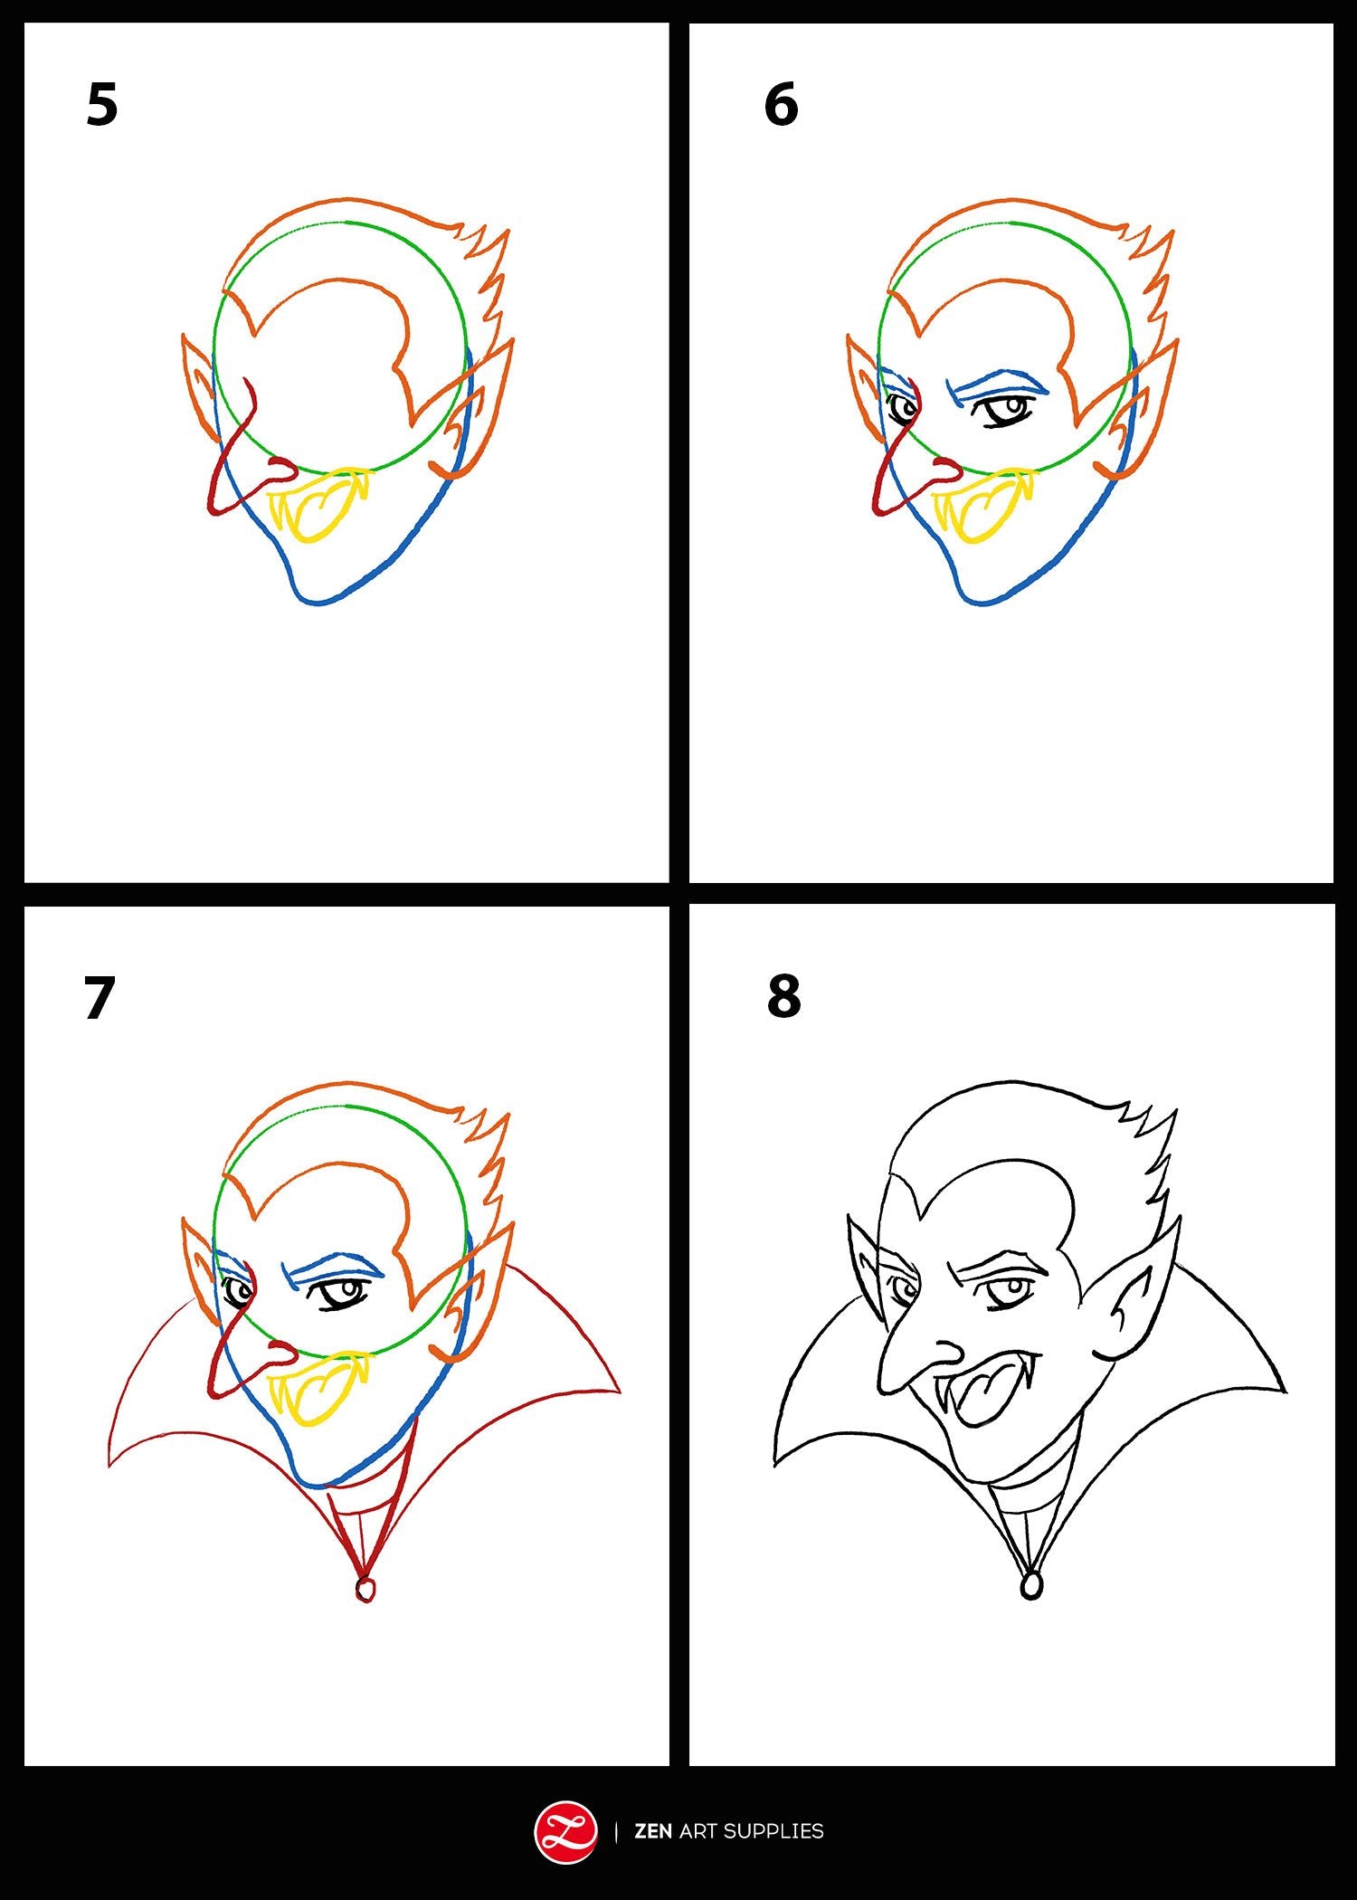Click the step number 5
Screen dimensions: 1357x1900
(x=102, y=104)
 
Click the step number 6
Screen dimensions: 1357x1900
(x=781, y=104)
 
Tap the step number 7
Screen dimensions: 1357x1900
(x=100, y=998)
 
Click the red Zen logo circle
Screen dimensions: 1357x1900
(x=566, y=1832)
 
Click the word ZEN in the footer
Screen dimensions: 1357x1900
(x=653, y=1831)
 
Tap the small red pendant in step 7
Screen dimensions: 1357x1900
(x=365, y=1589)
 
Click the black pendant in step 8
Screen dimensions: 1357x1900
(x=1030, y=1584)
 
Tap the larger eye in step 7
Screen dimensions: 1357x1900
(x=340, y=1296)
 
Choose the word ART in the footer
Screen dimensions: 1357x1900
(x=697, y=1831)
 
